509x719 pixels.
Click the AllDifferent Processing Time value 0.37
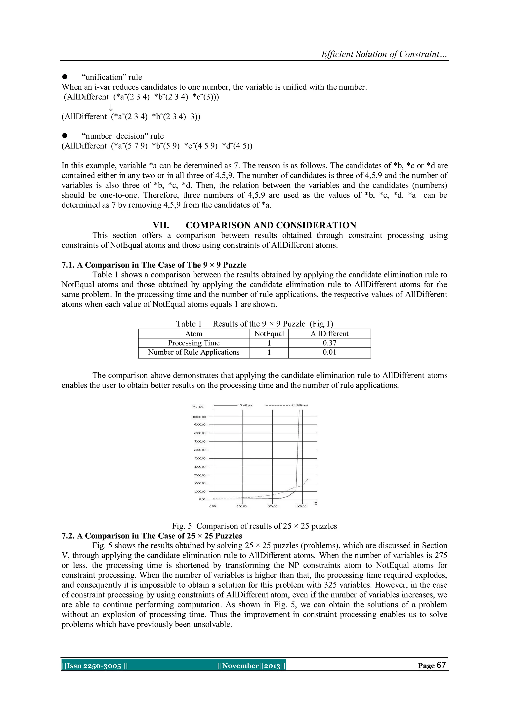tap(329, 343)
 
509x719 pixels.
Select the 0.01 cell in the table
tap(329, 352)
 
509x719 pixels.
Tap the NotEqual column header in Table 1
tap(269, 334)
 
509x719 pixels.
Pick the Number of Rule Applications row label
tap(194, 352)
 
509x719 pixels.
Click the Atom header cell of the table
tap(194, 334)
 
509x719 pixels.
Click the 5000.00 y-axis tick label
tap(200, 458)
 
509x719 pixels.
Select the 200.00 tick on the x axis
tap(272, 506)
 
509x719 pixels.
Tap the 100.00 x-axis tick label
tap(242, 506)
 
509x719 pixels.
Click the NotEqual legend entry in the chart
tap(246, 405)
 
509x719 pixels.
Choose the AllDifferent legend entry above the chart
tap(299, 405)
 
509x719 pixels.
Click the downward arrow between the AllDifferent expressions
tap(111, 107)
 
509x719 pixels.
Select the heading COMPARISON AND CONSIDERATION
tap(271, 226)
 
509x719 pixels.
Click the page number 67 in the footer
tap(441, 665)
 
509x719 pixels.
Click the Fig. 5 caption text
tap(254, 526)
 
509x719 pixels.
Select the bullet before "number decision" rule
tap(65, 136)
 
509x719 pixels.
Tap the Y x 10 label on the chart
tap(198, 407)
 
